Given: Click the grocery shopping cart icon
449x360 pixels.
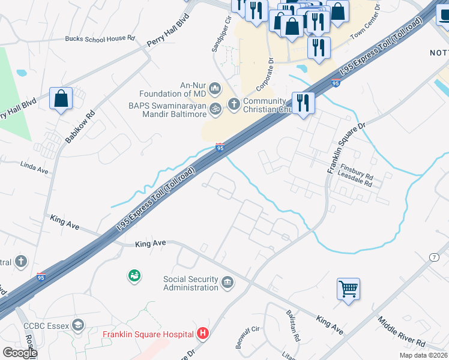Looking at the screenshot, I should (348, 290).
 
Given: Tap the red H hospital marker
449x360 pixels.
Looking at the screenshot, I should (203, 334).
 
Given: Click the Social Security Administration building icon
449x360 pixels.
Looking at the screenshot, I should (228, 282).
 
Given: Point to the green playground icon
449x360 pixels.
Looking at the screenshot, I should (134, 276).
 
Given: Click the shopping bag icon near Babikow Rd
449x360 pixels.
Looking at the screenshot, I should (61, 99).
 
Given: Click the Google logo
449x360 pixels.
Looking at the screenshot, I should (19, 353).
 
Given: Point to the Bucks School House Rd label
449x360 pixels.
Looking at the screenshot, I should (100, 38).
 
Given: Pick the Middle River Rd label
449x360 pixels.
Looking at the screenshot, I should (401, 333).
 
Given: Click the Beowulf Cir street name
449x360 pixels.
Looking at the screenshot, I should (247, 329).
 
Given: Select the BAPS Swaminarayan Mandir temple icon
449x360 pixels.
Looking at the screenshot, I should (215, 109).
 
